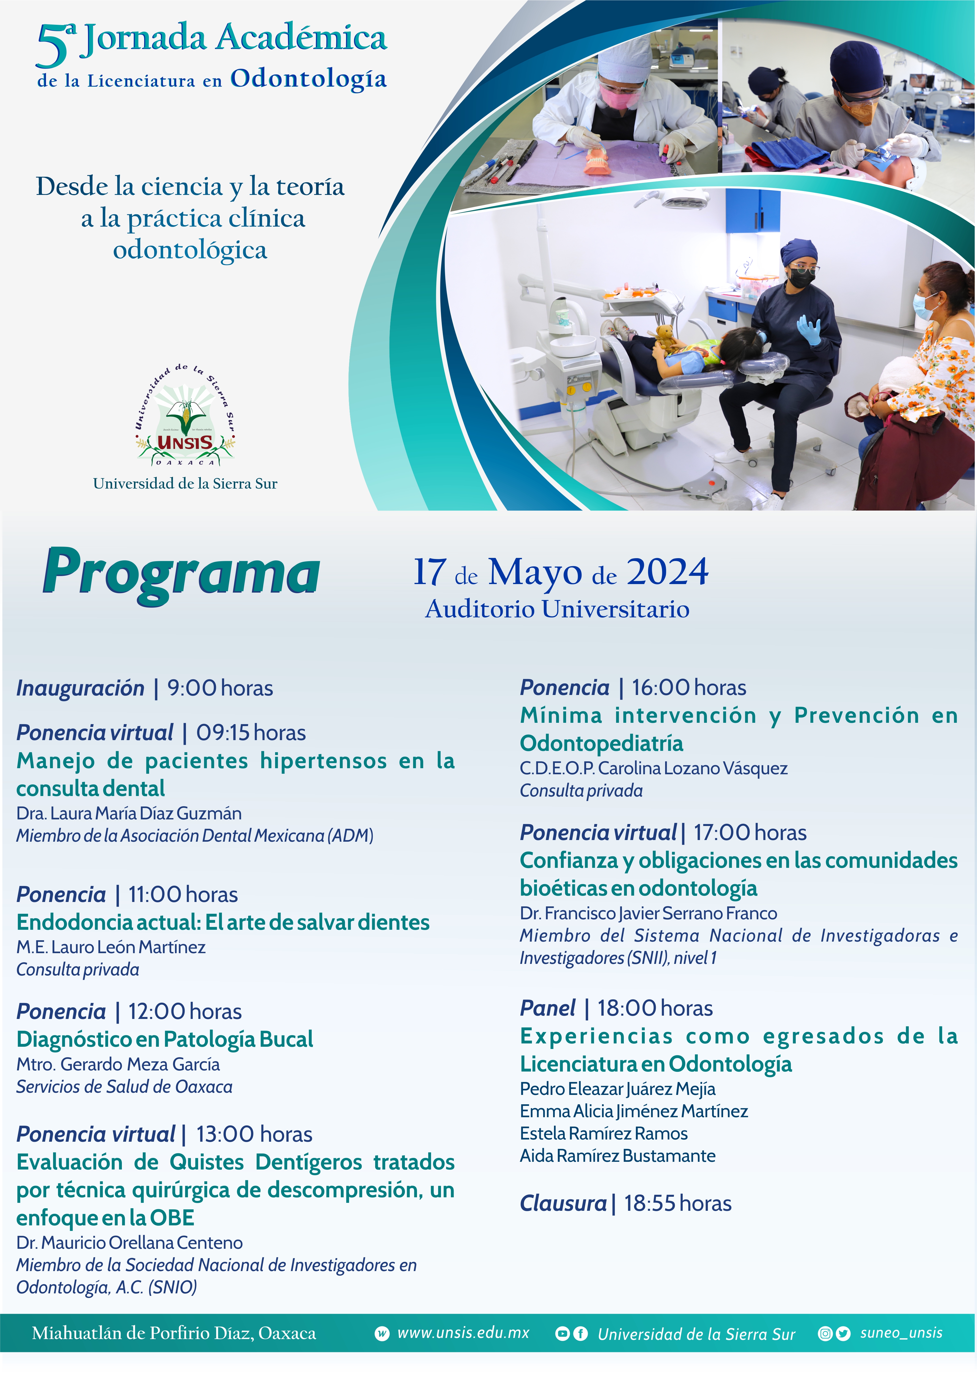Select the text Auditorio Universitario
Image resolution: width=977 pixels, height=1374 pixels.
(x=557, y=609)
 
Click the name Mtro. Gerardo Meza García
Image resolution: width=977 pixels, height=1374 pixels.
(x=118, y=1064)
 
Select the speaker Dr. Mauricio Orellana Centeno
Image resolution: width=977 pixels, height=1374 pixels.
(x=129, y=1243)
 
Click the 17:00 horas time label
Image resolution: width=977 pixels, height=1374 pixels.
(x=750, y=833)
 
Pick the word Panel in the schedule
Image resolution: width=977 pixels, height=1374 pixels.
(x=547, y=1008)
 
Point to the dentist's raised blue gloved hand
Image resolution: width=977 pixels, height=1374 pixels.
(x=809, y=330)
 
